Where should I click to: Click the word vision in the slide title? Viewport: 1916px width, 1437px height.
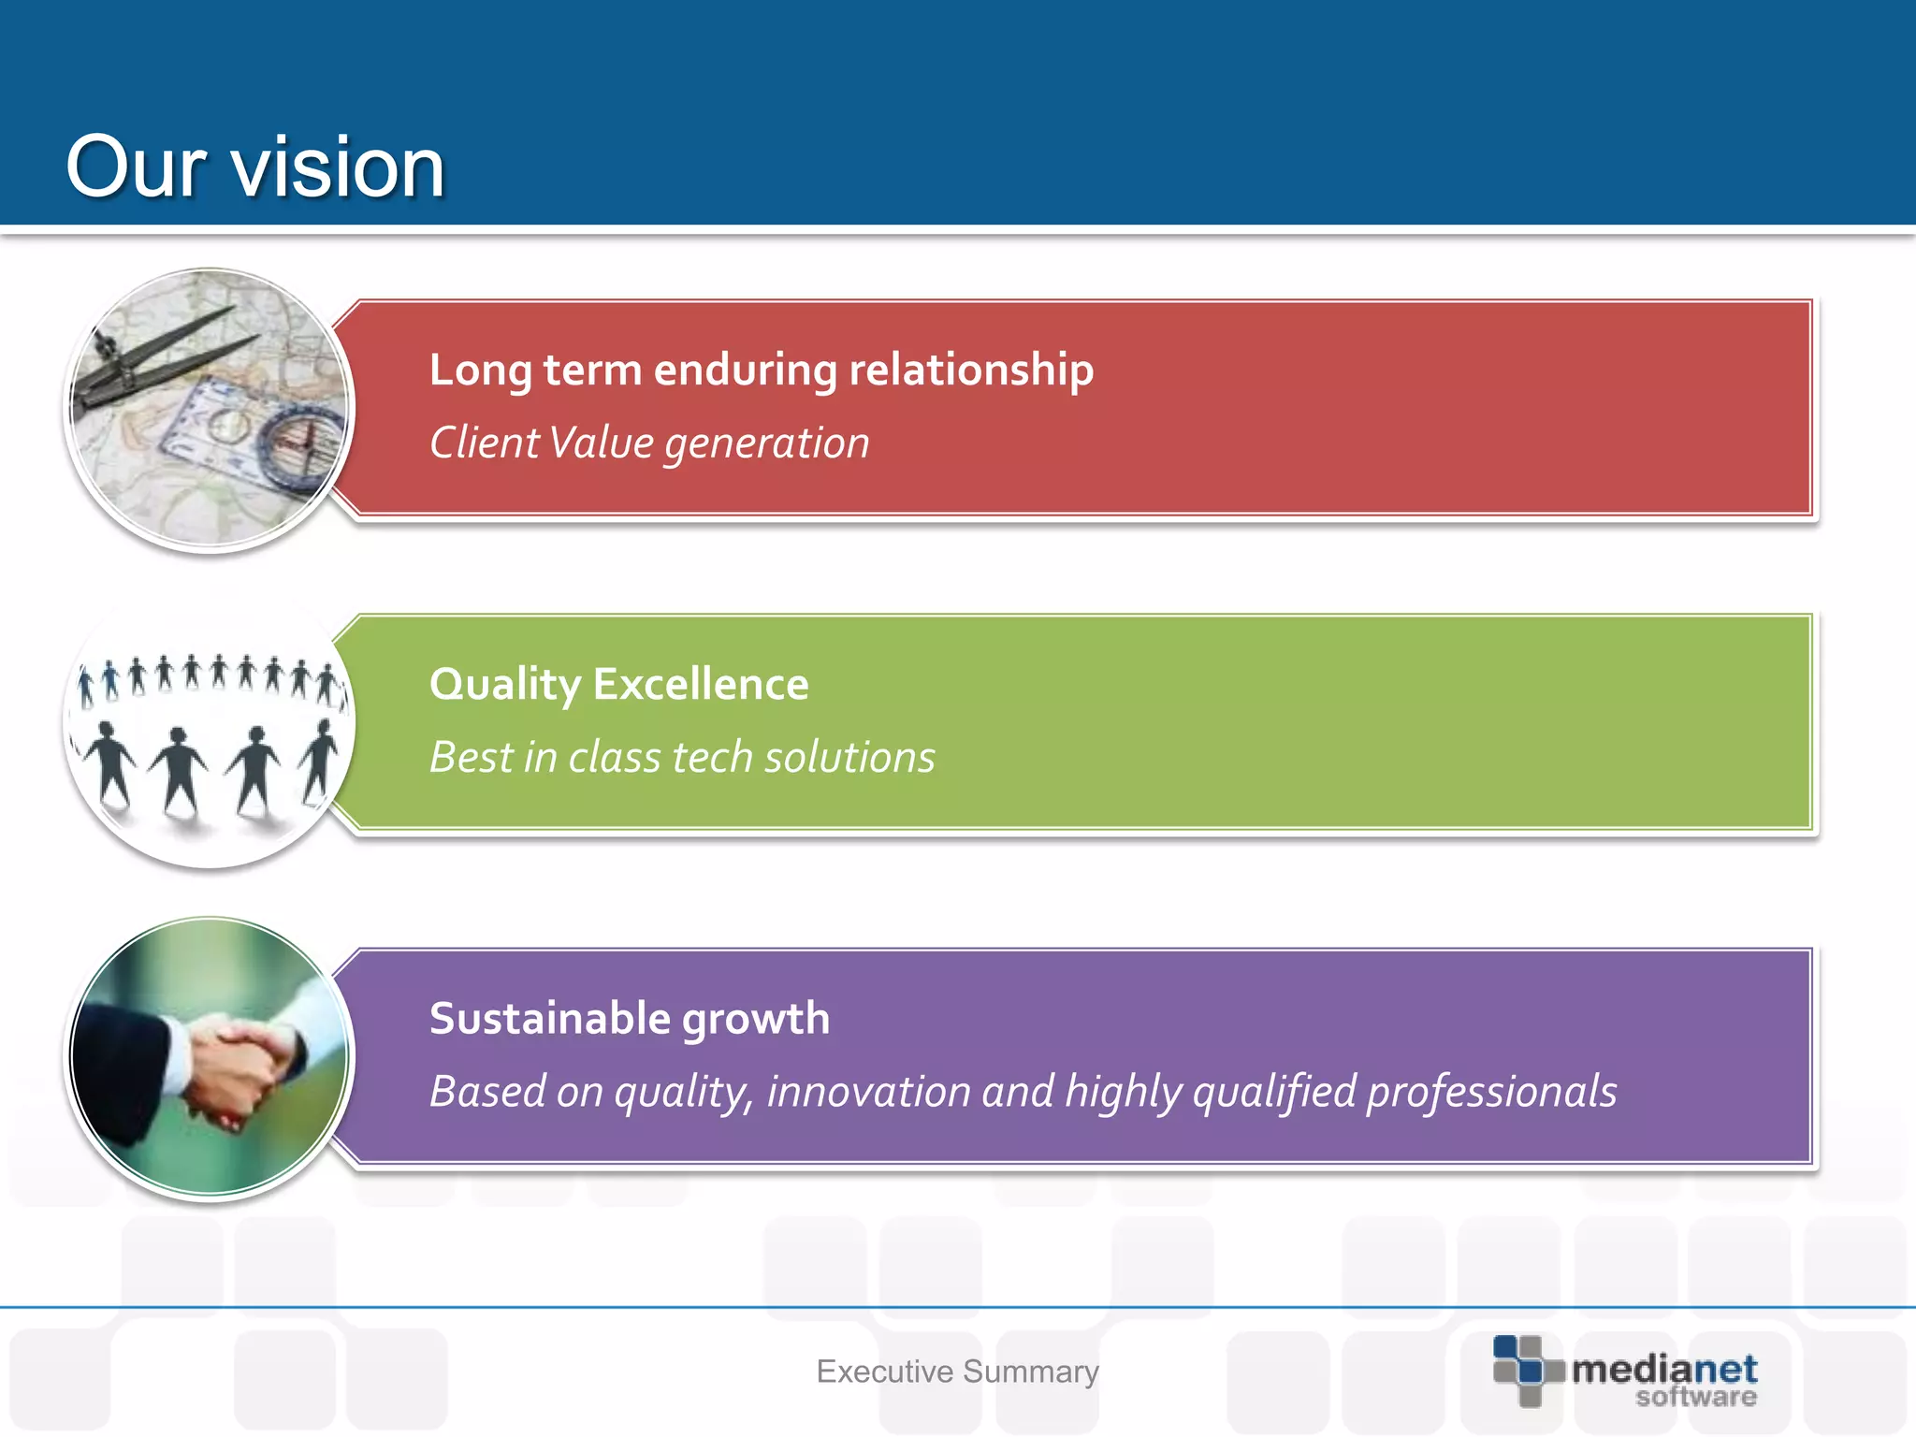[x=338, y=167]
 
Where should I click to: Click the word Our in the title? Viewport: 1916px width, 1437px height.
[x=137, y=167]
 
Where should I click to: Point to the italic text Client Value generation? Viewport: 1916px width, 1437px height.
[x=649, y=443]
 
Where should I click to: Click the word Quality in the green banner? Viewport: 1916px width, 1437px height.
[x=505, y=686]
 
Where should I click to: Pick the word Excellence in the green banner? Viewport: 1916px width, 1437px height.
[x=701, y=684]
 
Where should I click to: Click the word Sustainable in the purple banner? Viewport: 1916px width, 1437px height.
[x=549, y=1018]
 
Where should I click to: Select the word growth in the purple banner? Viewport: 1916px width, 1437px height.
[x=756, y=1020]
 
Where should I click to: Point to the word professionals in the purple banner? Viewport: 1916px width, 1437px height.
[x=1491, y=1093]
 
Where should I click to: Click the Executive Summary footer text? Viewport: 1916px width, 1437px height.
[x=957, y=1372]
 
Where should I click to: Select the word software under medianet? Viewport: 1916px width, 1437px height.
[x=1695, y=1397]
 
